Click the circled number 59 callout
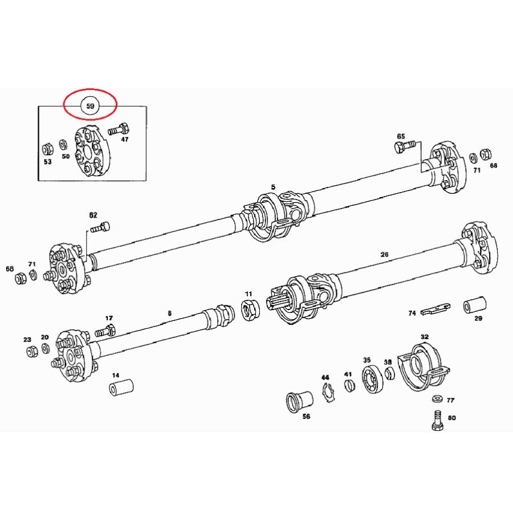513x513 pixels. click(x=90, y=105)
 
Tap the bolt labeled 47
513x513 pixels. click(x=119, y=129)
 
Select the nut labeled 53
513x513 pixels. click(x=48, y=149)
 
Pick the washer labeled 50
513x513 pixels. click(x=63, y=145)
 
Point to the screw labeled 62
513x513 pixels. click(x=100, y=227)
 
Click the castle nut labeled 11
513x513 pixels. click(x=250, y=311)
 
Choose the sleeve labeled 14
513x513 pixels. click(x=121, y=388)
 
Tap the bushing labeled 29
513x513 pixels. click(x=475, y=305)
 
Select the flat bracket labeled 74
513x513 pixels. click(x=435, y=309)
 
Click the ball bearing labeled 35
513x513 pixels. click(x=372, y=379)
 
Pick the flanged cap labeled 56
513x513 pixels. click(x=299, y=401)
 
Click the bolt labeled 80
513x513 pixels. click(x=437, y=421)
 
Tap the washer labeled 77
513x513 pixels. click(x=437, y=399)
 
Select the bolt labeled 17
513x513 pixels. click(x=105, y=331)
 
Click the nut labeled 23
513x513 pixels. click(x=32, y=351)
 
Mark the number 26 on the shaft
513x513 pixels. click(x=384, y=254)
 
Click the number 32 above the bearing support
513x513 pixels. click(x=424, y=337)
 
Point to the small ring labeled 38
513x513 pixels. click(x=389, y=373)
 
